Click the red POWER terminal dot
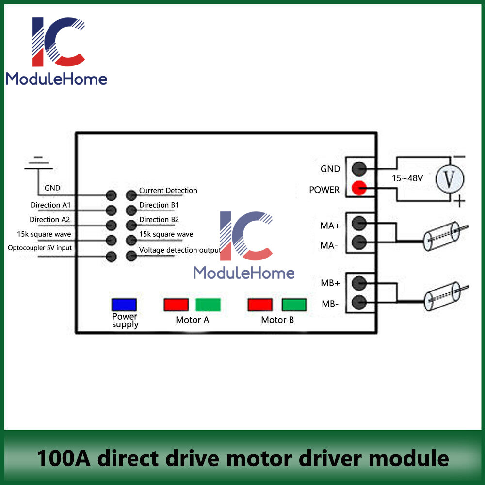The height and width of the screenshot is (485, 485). [x=359, y=188]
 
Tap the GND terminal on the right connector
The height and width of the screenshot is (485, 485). [x=359, y=169]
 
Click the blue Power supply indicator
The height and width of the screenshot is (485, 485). [x=124, y=305]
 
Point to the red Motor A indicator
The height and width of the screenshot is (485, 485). [x=176, y=305]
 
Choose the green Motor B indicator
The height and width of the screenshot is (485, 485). [x=294, y=305]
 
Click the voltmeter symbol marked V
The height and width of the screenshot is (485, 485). [x=449, y=178]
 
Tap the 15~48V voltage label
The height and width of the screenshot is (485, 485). [x=407, y=178]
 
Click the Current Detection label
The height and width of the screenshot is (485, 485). [x=168, y=191]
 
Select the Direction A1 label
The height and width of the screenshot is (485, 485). [x=50, y=205]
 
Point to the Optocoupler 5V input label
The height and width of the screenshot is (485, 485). [x=39, y=248]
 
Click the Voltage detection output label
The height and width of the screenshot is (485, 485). [x=180, y=250]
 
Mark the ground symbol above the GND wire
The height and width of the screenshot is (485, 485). [x=38, y=163]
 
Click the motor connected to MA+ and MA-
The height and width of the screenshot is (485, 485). [x=441, y=236]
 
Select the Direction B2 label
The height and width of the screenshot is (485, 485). [x=159, y=220]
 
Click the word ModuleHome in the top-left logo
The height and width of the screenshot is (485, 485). [x=56, y=79]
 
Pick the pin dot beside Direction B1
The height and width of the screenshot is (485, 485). [x=131, y=210]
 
